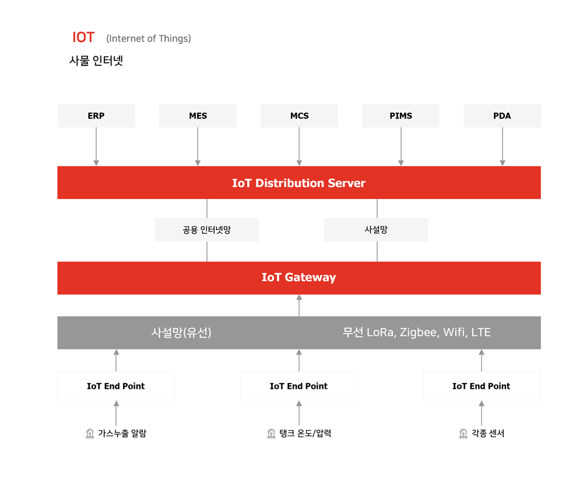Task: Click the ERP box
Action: coord(96,116)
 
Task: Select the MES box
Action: coord(198,116)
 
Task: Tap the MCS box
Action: coord(299,116)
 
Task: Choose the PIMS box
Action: coord(401,116)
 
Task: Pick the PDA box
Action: coord(503,116)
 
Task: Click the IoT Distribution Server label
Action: coord(299,183)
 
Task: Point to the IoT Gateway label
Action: coord(299,277)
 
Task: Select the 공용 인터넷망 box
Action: coord(207,229)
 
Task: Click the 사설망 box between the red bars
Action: coord(376,229)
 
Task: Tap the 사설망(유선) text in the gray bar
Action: coord(181,332)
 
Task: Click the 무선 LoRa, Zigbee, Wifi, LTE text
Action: coord(417,332)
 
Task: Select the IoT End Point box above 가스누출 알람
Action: coord(116,386)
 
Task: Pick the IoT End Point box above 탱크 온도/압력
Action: coord(299,386)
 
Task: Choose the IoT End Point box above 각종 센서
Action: coord(482,386)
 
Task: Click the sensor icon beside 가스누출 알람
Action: coord(90,434)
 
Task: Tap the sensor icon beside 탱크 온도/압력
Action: coord(272,434)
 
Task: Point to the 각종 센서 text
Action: coord(488,433)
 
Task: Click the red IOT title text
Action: coord(83,37)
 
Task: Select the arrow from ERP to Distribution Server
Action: coord(96,146)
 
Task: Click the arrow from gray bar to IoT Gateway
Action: coord(299,305)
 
